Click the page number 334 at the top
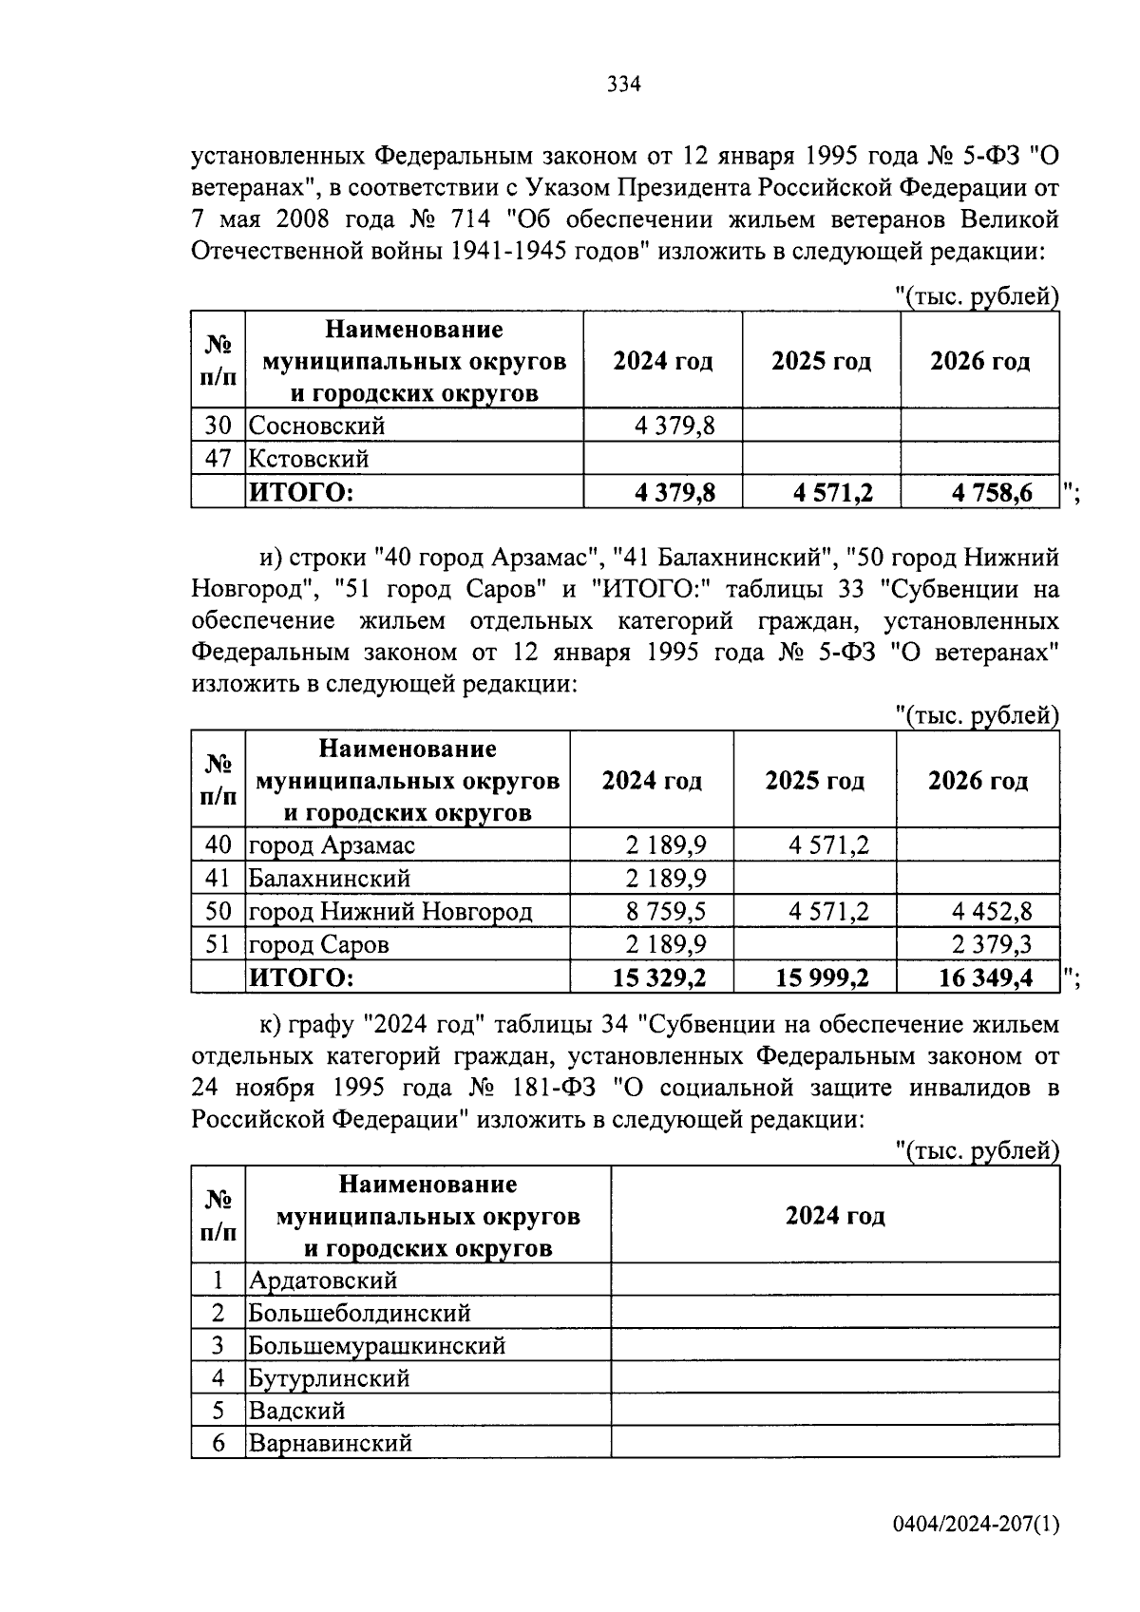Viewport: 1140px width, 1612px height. point(624,85)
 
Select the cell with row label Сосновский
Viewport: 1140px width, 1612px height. point(317,426)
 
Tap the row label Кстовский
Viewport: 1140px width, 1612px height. point(309,459)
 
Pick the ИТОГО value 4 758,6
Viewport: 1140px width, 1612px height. point(992,493)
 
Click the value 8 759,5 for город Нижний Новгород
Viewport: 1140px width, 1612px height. point(665,912)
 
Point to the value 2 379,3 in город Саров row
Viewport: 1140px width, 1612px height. point(992,945)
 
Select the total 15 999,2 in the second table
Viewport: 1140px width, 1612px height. point(822,977)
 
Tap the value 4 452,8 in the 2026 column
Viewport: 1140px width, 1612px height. point(992,912)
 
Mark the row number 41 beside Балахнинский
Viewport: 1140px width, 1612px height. point(218,879)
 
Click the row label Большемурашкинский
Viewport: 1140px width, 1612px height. point(376,1346)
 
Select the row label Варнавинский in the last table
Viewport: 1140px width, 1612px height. point(330,1444)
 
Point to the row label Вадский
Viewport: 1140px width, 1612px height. point(295,1411)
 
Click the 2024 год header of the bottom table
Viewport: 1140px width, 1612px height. point(834,1216)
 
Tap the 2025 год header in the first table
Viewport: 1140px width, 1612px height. point(821,361)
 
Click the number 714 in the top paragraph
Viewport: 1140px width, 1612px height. point(465,219)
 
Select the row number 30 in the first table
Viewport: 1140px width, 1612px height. point(218,426)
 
